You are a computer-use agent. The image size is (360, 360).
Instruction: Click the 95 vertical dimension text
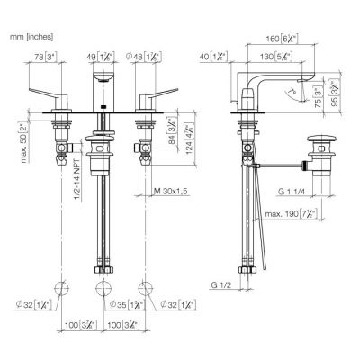(337, 94)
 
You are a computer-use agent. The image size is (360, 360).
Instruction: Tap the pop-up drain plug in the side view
(321, 142)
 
